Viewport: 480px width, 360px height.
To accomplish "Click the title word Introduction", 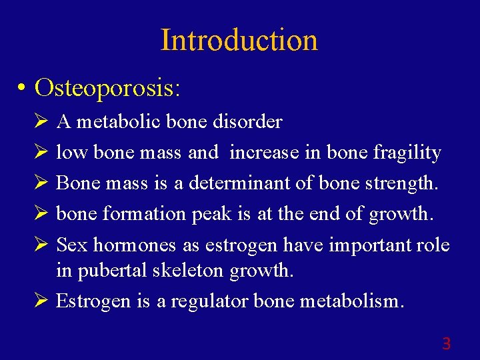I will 239,40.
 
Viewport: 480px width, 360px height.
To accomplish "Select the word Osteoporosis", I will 108,87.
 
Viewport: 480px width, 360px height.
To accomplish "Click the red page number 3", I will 446,344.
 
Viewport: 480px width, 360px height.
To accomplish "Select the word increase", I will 264,153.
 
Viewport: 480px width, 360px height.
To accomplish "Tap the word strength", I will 401,183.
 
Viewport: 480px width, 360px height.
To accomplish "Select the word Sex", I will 72,245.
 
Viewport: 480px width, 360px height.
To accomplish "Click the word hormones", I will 135,245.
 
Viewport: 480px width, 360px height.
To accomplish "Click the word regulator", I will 210,302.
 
